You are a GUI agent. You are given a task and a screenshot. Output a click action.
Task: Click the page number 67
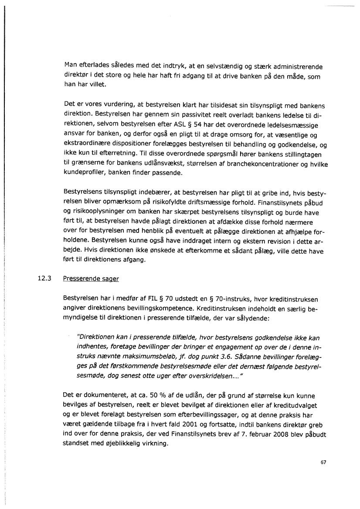tap(323, 462)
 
